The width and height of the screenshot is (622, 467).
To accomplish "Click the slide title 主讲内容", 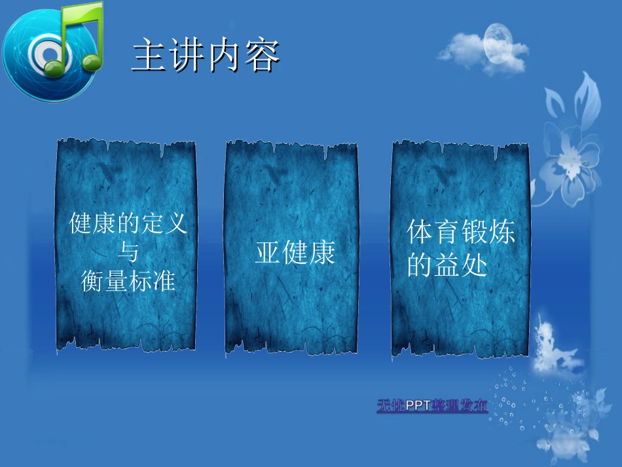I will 206,56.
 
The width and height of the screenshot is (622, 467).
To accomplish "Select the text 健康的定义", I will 128,224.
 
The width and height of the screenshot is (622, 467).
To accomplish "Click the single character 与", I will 128,252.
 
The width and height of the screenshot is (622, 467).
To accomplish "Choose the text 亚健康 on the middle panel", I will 295,252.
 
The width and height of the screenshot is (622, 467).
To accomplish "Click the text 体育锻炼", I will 461,233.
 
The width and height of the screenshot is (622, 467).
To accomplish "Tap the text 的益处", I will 447,265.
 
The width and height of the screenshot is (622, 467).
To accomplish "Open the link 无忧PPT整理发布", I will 432,406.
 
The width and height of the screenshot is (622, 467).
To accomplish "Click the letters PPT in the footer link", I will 417,406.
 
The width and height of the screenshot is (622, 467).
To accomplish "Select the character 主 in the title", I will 147,56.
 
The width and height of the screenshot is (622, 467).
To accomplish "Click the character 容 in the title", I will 263,56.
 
